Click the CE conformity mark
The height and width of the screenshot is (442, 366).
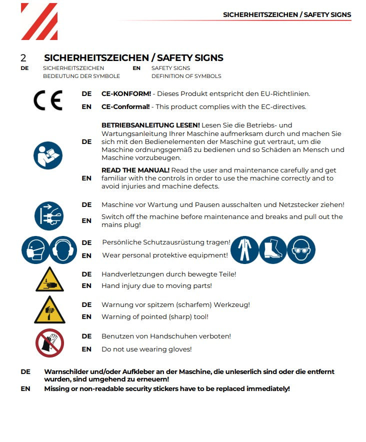[48, 100]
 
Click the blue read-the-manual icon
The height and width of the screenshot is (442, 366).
[48, 154]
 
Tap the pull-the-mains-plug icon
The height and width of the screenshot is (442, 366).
[49, 215]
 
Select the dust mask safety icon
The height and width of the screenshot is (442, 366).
[35, 249]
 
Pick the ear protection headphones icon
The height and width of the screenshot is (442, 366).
[63, 249]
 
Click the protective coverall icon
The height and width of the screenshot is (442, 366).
[245, 249]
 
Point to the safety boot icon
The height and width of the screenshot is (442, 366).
[273, 249]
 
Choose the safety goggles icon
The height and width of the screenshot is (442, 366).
[301, 249]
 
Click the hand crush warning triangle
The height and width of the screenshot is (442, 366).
[49, 280]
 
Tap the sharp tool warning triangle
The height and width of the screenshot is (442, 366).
[49, 310]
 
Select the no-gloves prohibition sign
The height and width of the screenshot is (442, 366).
[49, 342]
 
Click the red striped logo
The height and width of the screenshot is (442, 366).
[39, 21]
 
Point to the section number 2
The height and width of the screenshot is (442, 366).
[23, 58]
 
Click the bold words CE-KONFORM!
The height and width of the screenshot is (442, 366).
[126, 93]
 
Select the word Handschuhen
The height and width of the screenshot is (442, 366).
[173, 336]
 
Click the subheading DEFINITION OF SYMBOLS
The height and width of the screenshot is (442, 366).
[186, 76]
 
